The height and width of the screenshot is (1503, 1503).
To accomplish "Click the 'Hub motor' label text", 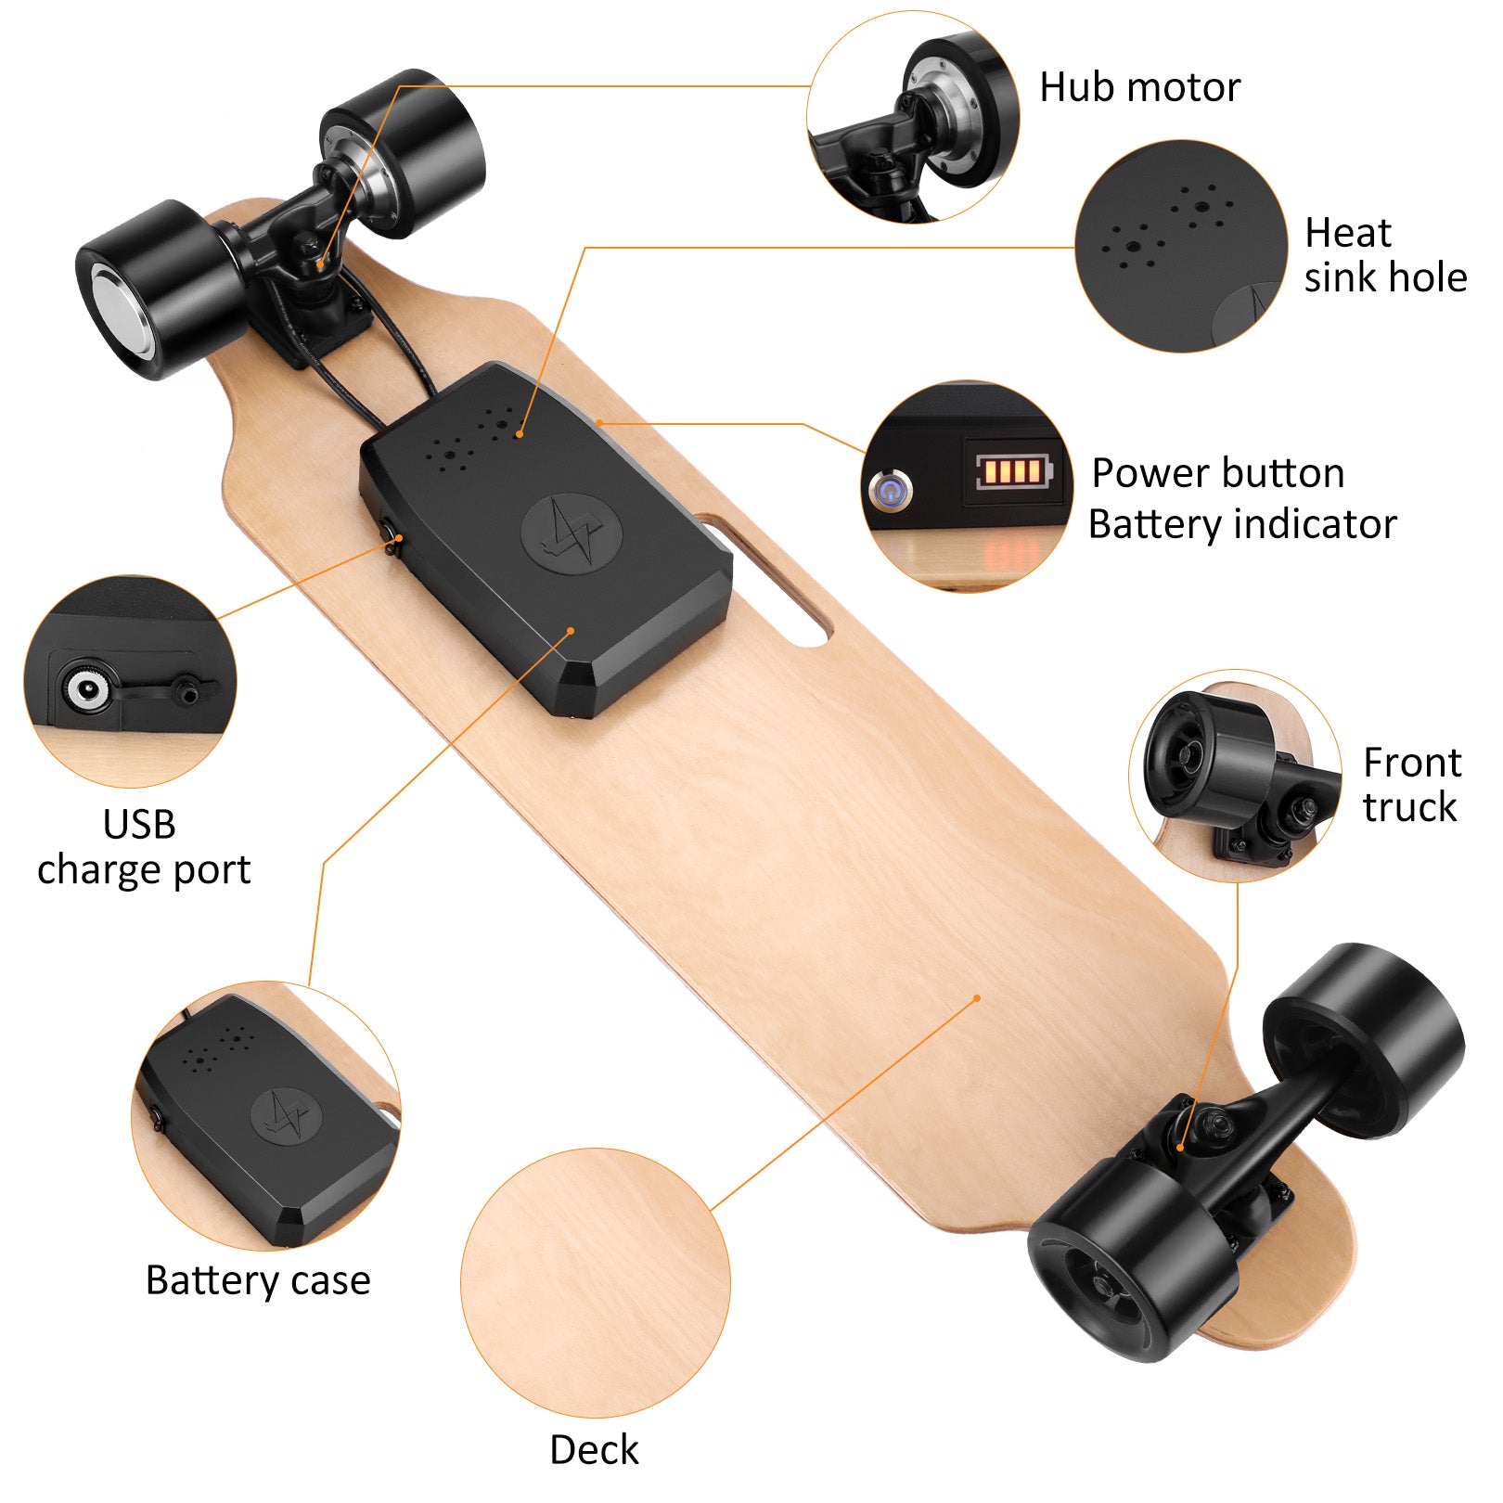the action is (1139, 87).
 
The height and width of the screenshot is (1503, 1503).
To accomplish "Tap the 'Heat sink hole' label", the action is (1385, 255).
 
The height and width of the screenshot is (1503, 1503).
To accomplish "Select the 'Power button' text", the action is (1218, 473).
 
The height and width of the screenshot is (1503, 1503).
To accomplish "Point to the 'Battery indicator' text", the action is (1242, 525).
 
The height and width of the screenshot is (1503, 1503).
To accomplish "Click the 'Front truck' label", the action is (1412, 785).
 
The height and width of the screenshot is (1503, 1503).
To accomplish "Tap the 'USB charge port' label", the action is (144, 847).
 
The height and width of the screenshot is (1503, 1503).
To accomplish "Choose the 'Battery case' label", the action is (258, 1280).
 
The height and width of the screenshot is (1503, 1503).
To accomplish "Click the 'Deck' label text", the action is (594, 1449).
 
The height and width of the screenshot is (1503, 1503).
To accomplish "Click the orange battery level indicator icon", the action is (1014, 471).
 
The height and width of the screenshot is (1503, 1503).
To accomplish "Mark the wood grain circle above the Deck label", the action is (595, 1283).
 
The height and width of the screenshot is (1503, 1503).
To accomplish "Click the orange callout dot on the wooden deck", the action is (977, 998).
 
